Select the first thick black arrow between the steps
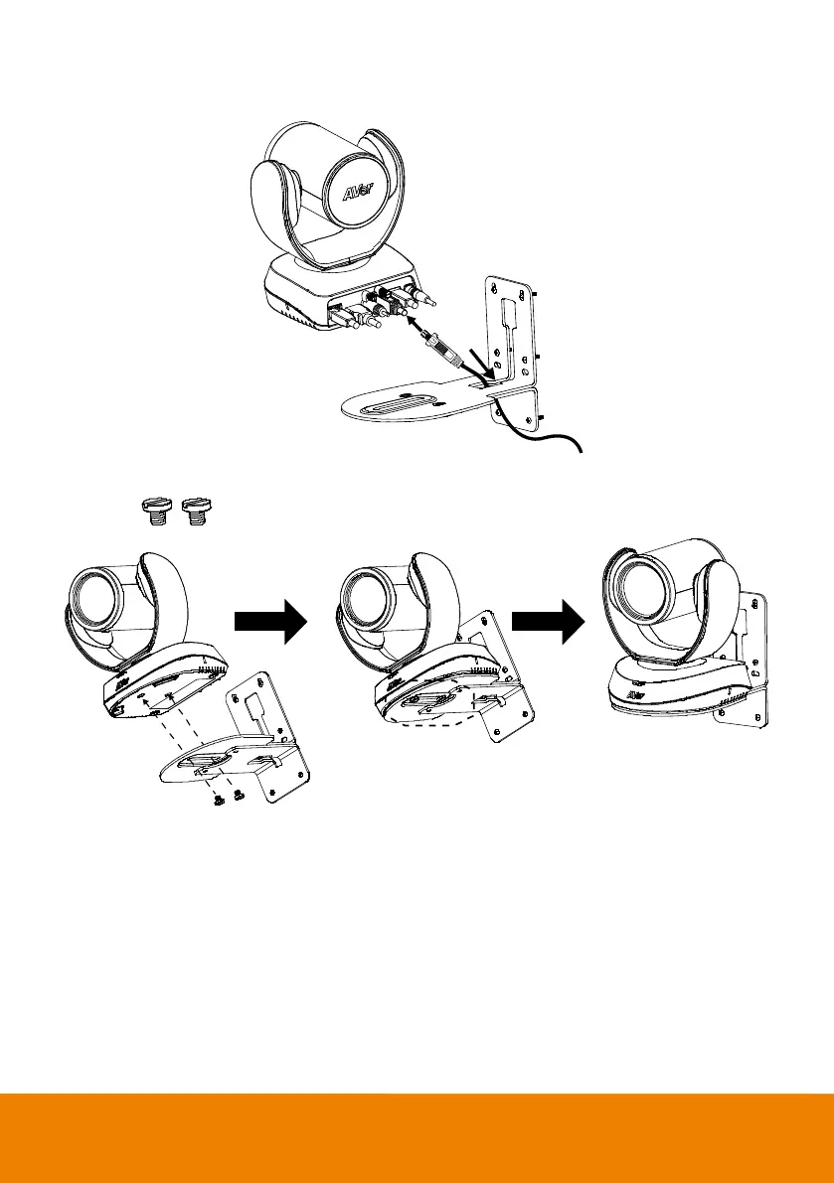268,622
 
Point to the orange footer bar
417,1137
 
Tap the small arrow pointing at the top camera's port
418,327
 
